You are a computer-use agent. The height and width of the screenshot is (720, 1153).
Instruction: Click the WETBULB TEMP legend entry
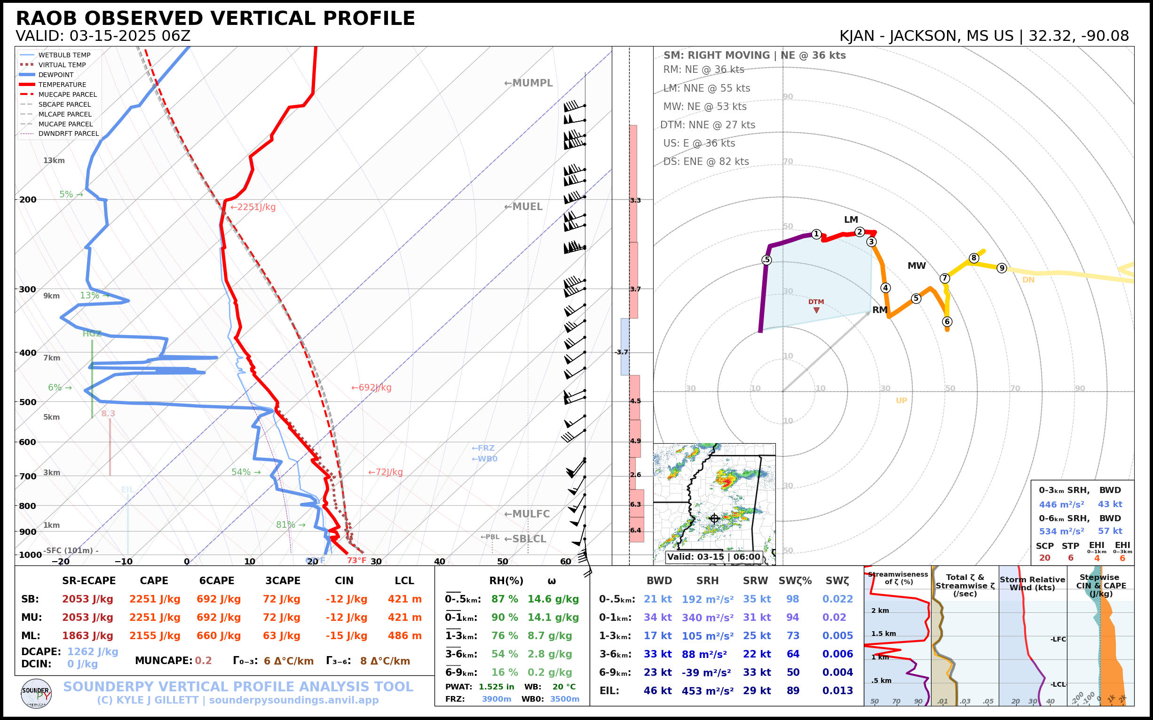(64, 55)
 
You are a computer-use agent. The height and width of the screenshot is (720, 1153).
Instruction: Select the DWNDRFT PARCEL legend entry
(68, 134)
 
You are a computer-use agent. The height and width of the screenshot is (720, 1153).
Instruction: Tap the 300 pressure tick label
(28, 290)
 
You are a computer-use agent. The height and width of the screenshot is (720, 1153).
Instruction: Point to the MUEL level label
(524, 207)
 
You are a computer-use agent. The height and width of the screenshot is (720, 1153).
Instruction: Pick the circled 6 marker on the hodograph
(947, 321)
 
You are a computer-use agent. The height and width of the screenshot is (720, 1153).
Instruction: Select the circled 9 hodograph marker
(1002, 268)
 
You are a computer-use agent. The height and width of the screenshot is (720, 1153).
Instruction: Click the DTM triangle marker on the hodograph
(817, 311)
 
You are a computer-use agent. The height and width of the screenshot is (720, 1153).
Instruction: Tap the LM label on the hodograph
(851, 219)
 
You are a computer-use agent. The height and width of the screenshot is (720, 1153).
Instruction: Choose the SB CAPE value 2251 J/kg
(154, 599)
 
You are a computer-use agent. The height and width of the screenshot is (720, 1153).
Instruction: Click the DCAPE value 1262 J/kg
(93, 651)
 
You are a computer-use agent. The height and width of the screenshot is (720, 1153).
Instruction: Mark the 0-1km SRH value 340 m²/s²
(708, 618)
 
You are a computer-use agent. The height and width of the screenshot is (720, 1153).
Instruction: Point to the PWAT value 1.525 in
(497, 687)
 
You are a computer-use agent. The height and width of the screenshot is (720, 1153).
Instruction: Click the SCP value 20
(1045, 558)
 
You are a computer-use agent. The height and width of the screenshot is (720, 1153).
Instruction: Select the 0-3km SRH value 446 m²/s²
(1061, 504)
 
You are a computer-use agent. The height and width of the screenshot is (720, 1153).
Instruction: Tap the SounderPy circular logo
(36, 693)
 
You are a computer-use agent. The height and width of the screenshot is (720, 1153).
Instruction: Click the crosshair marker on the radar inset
(714, 518)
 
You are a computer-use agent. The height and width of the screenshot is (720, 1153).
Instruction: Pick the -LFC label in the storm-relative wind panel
(1058, 639)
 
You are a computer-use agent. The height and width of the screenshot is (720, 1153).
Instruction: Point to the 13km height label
(54, 160)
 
